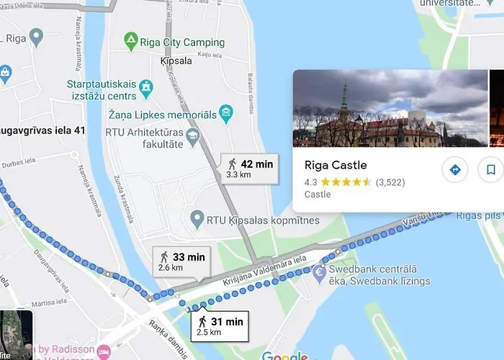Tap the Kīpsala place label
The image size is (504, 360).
176,62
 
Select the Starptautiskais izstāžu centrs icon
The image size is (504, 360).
146,88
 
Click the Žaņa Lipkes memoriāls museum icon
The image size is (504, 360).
226,112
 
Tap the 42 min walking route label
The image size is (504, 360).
249,168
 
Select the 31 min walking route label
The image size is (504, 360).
220,326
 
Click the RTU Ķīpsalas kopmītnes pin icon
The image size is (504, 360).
195,217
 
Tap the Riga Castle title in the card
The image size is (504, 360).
336,165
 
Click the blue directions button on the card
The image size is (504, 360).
454,170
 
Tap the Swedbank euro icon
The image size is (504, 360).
319,273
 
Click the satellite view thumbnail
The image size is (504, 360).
16,335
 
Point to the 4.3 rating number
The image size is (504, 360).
312,182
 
